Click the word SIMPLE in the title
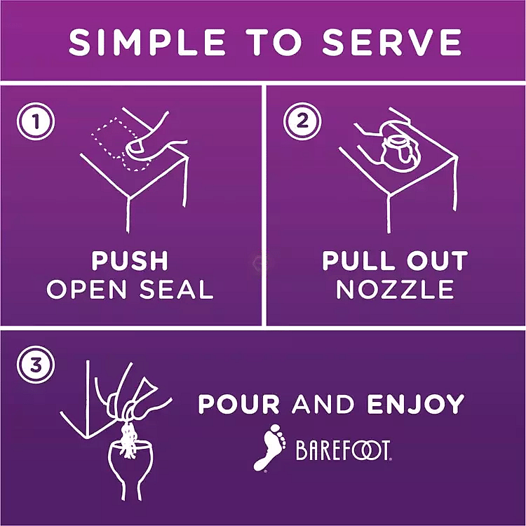(147, 42)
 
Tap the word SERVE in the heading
(391, 42)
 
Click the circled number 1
(36, 121)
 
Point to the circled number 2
(302, 121)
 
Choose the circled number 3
(36, 365)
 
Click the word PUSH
(130, 260)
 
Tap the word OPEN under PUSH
(86, 289)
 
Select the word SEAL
(177, 289)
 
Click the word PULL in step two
(360, 260)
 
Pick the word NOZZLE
(395, 289)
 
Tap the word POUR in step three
(238, 404)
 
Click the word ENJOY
(416, 404)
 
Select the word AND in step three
(323, 404)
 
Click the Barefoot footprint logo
(269, 447)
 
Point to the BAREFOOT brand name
(344, 450)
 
